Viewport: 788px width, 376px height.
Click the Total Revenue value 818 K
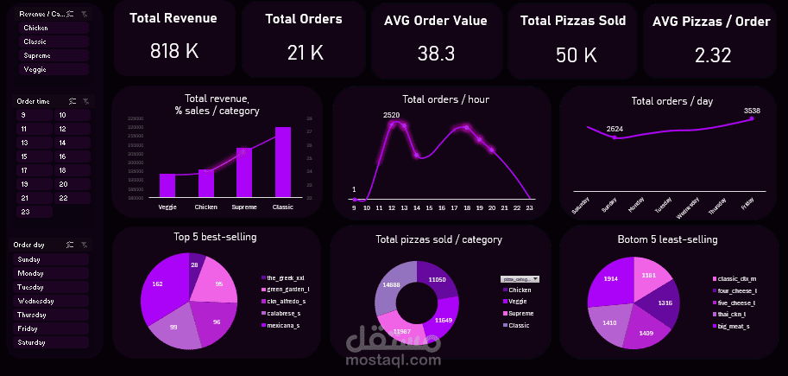(x=173, y=52)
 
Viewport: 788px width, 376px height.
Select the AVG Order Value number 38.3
(x=436, y=54)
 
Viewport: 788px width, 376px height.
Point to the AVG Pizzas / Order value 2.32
(x=713, y=55)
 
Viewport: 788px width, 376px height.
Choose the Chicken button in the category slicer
(x=54, y=28)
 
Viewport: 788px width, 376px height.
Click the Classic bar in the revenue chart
(x=283, y=163)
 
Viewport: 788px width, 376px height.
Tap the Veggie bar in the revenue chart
(x=167, y=185)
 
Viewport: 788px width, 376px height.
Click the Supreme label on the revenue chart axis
(x=244, y=207)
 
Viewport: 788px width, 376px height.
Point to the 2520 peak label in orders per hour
(x=392, y=115)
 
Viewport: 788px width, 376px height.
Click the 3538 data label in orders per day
(x=752, y=111)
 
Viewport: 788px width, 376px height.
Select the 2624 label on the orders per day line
(x=615, y=129)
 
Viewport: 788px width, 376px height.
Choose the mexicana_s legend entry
(x=283, y=325)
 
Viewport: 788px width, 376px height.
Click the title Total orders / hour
(x=445, y=99)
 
